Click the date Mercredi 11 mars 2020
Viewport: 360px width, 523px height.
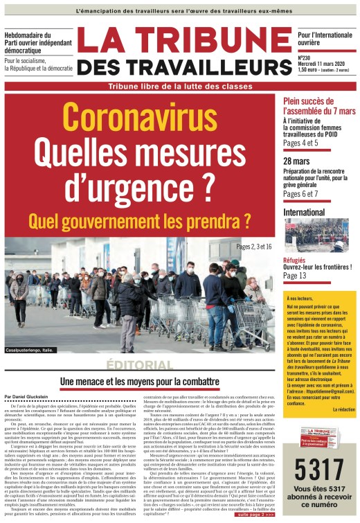[x=323, y=64]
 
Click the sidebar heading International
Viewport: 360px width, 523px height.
[x=304, y=211]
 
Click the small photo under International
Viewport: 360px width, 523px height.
[x=316, y=235]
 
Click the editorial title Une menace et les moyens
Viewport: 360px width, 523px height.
[x=138, y=382]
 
